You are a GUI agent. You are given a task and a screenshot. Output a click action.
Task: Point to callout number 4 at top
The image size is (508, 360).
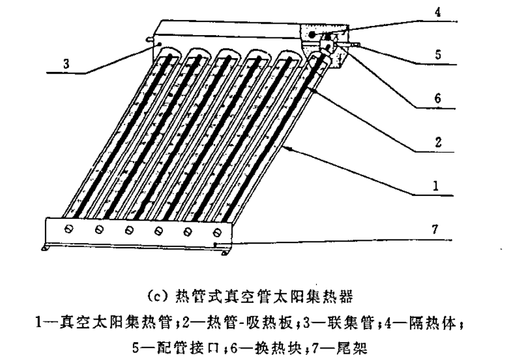[x=437, y=12]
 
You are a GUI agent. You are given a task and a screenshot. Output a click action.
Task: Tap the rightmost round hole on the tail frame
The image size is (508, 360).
[x=217, y=232]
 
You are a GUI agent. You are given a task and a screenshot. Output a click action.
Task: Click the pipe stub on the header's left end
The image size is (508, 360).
[x=149, y=40]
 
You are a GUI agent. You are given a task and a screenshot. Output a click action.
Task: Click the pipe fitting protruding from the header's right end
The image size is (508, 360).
[x=355, y=44]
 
